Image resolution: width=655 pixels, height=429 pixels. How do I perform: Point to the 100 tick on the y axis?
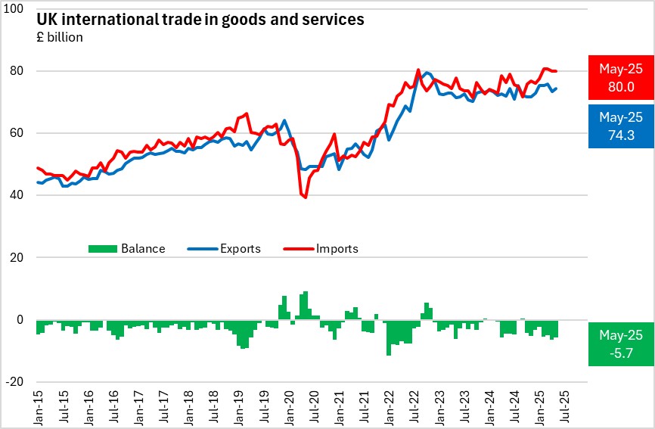pyautogui.click(x=19, y=9)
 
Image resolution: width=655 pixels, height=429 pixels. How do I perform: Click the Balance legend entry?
pyautogui.click(x=127, y=248)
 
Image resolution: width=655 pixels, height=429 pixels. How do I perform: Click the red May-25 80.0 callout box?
pyautogui.click(x=620, y=77)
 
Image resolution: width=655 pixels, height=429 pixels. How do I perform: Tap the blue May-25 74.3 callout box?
pyautogui.click(x=620, y=126)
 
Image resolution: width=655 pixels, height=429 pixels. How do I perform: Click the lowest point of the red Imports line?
pyautogui.click(x=305, y=197)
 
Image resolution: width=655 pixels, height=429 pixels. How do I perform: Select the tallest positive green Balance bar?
pyautogui.click(x=305, y=305)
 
